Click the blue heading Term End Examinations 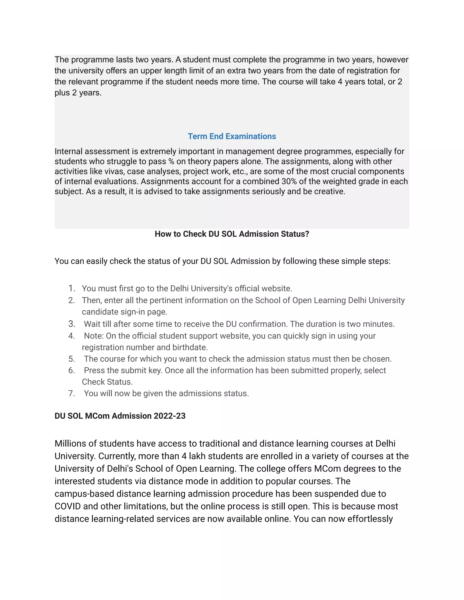(232, 136)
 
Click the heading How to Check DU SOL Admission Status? (232, 234)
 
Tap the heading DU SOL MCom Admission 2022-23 (120, 416)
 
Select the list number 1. (71, 288)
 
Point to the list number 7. (71, 394)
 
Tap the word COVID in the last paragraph (68, 506)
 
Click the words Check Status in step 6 (107, 382)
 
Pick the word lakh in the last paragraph (197, 456)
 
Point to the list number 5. (71, 359)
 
